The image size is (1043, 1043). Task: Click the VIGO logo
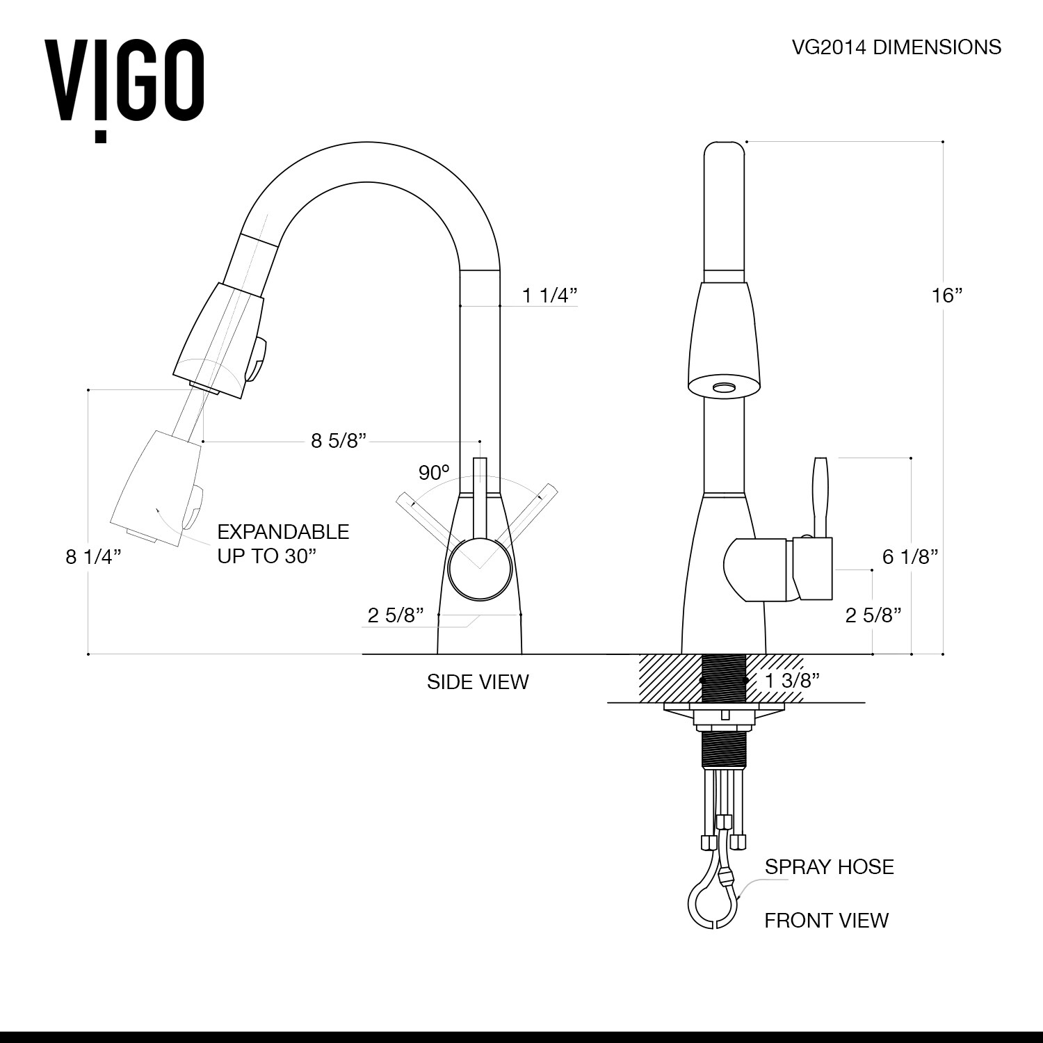pos(125,84)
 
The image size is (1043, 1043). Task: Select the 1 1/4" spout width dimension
pos(550,296)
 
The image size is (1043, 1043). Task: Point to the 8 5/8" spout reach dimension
pos(338,441)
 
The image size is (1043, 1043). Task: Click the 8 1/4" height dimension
pos(94,557)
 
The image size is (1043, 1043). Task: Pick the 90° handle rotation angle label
pos(434,473)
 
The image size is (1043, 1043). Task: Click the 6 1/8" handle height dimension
pos(910,556)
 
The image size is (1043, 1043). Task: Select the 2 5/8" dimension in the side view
pos(396,615)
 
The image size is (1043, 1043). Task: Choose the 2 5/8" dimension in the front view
pos(873,615)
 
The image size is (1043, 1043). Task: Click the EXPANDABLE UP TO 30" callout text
pos(283,544)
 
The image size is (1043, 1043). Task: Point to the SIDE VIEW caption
pos(478,681)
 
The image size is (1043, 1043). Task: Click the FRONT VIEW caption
pos(826,921)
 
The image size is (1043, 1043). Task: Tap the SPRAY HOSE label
pos(829,866)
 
